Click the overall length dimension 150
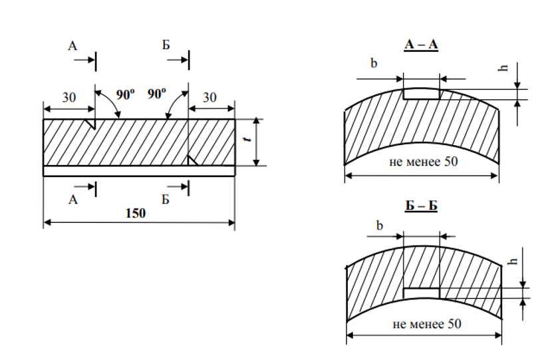pyautogui.click(x=136, y=214)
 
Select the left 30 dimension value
pyautogui.click(x=69, y=97)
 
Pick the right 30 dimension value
pyautogui.click(x=209, y=97)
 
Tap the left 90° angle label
pyautogui.click(x=125, y=94)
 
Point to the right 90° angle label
pyautogui.click(x=156, y=94)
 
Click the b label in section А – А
pyautogui.click(x=374, y=64)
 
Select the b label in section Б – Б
pyautogui.click(x=380, y=225)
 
